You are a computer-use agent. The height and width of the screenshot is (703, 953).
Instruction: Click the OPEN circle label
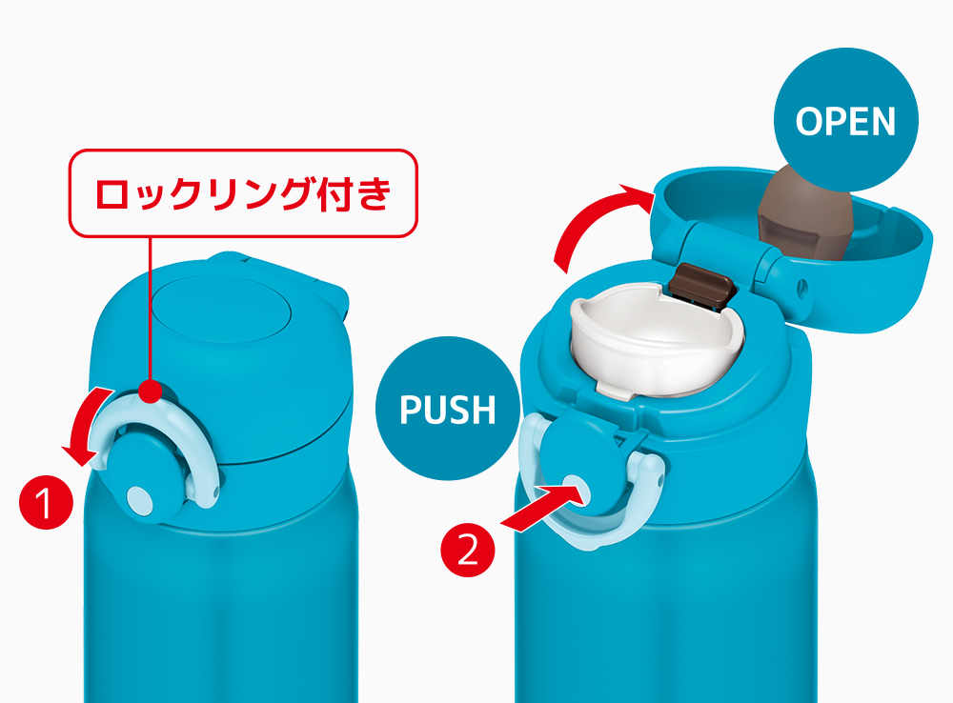[x=845, y=120]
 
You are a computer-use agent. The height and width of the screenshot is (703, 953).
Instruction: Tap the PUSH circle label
[x=448, y=409]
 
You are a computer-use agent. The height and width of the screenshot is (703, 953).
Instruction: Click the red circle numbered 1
[x=46, y=503]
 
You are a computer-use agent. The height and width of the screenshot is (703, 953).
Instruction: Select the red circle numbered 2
[x=467, y=551]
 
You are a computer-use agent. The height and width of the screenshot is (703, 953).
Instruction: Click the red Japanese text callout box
[x=243, y=193]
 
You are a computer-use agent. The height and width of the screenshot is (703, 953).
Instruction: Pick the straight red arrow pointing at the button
[x=544, y=506]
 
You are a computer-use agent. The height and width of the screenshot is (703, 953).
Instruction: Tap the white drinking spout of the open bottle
[x=657, y=340]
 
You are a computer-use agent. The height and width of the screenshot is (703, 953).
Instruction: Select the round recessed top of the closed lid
[x=221, y=311]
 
